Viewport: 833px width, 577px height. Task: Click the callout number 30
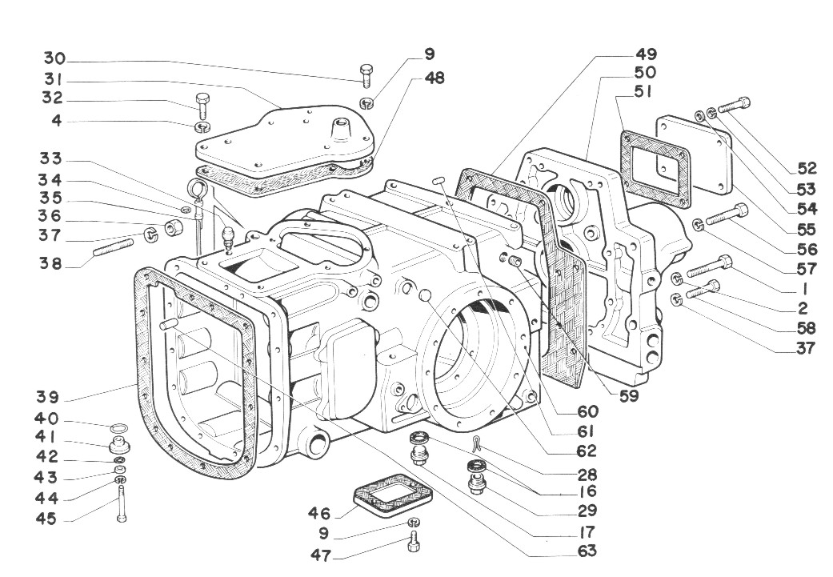tap(54, 59)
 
